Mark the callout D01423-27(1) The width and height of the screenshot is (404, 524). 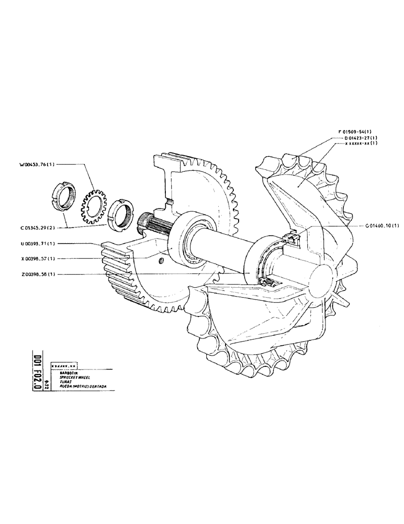tap(361, 138)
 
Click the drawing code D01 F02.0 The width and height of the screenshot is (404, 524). tap(37, 372)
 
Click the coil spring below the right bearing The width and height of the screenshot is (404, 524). tap(267, 283)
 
